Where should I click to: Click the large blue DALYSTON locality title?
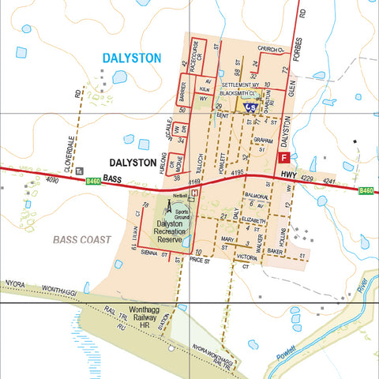click(x=131, y=58)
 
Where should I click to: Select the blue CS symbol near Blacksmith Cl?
click(x=250, y=105)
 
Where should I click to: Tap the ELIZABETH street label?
click(x=254, y=220)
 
